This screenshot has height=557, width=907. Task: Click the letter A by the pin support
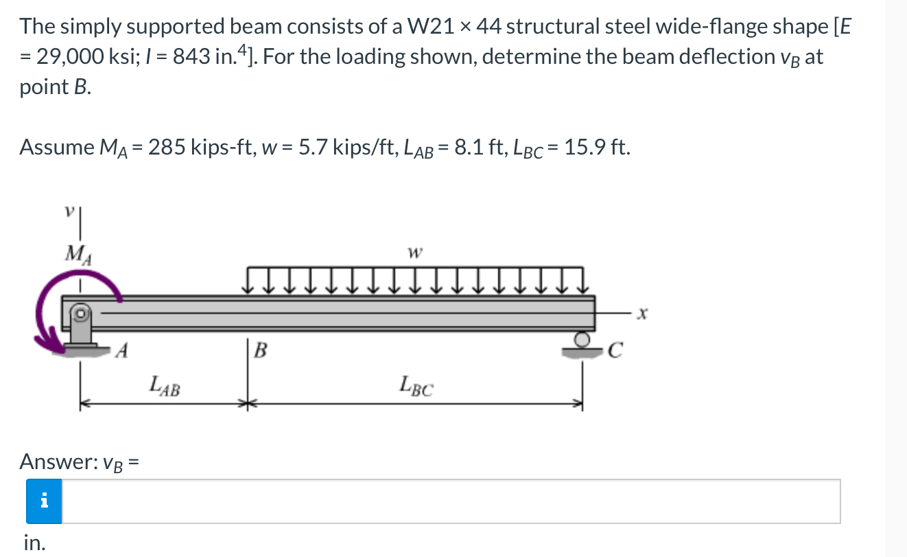click(121, 352)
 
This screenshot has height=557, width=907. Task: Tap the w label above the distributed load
click(414, 253)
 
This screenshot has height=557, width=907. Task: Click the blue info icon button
click(44, 501)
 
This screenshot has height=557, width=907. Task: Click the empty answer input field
click(451, 501)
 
